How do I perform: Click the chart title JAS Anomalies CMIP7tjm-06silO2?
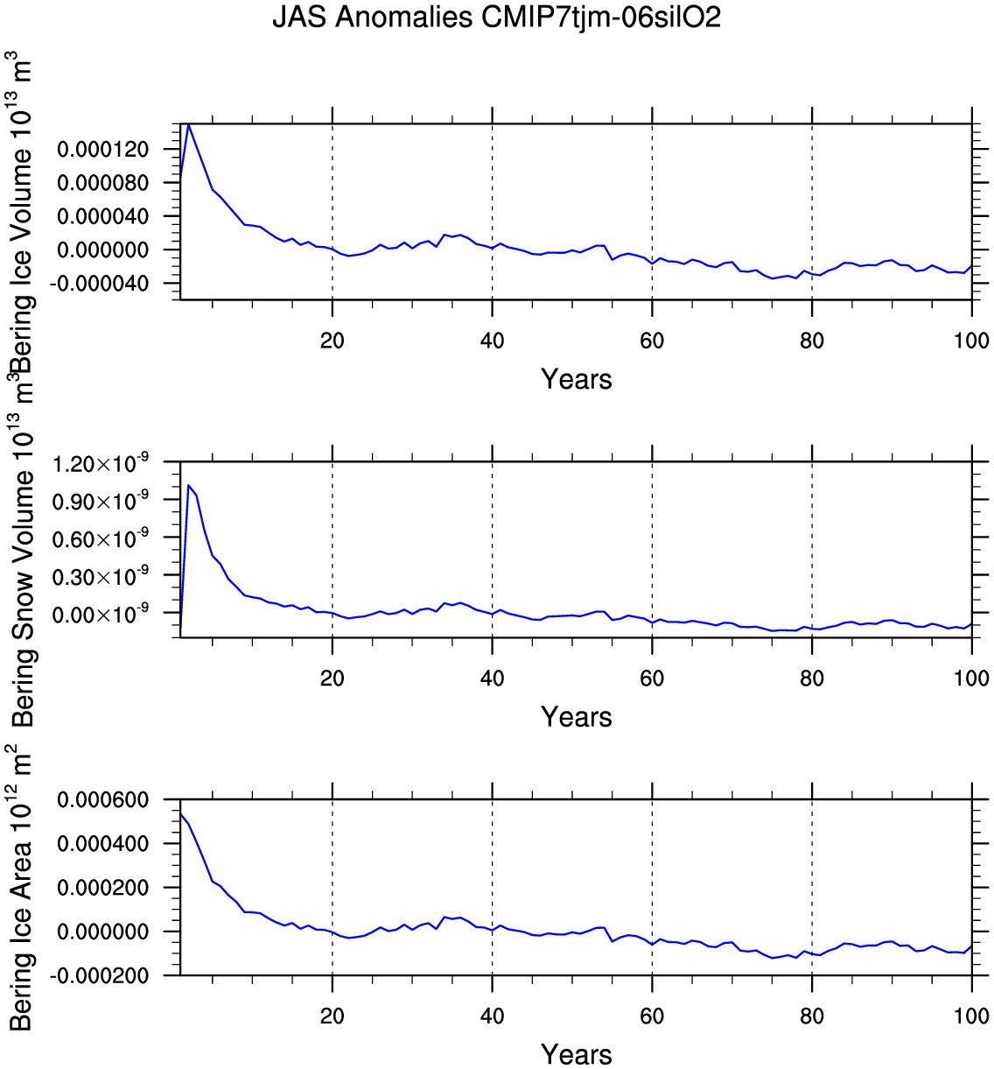click(496, 18)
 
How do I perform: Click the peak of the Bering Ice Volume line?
click(188, 125)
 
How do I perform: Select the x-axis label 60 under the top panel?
click(652, 341)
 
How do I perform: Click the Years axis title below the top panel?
click(576, 379)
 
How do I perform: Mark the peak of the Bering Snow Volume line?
click(188, 485)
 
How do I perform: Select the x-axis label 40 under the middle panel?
click(492, 678)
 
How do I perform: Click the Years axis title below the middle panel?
click(576, 717)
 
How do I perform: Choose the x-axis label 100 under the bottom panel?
click(971, 1016)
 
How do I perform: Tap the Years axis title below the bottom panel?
click(576, 1054)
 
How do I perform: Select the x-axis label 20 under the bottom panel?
click(332, 1016)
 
